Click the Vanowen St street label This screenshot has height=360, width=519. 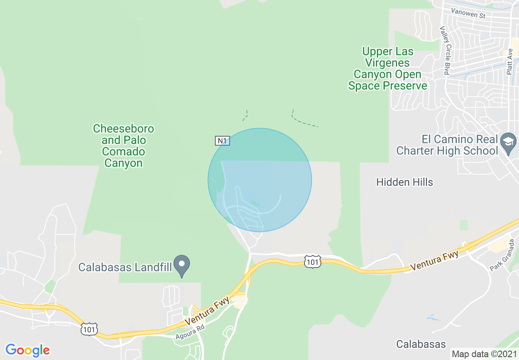[468, 13]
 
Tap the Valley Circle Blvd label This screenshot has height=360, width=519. [445, 51]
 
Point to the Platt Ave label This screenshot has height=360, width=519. [509, 62]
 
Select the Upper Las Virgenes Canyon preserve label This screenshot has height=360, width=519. [388, 69]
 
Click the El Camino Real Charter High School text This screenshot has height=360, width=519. [447, 145]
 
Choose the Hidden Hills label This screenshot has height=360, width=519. [404, 182]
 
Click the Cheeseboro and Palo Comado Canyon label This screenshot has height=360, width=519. [123, 146]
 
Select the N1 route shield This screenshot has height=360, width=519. [222, 141]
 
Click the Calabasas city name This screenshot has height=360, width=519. [421, 344]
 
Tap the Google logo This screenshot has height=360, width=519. [27, 350]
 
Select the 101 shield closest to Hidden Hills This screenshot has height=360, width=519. [313, 261]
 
